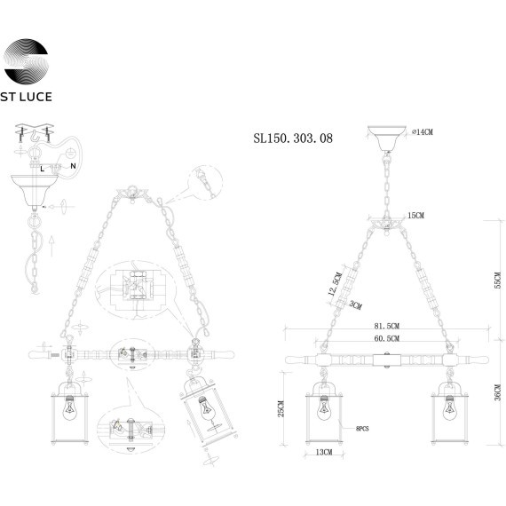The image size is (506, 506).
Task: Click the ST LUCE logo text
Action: [x=26, y=97]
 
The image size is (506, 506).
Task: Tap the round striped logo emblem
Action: [x=26, y=61]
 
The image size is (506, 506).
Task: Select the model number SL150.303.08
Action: [x=293, y=138]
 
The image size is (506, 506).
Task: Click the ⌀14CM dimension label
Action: [x=423, y=132]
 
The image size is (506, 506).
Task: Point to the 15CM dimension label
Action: [x=416, y=215]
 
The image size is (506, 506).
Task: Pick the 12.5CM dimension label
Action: [x=335, y=284]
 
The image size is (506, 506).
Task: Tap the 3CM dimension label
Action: [x=356, y=305]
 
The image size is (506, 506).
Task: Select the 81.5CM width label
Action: [x=386, y=326]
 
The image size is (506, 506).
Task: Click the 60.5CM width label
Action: [x=386, y=338]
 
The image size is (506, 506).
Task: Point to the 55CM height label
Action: [x=498, y=281]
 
